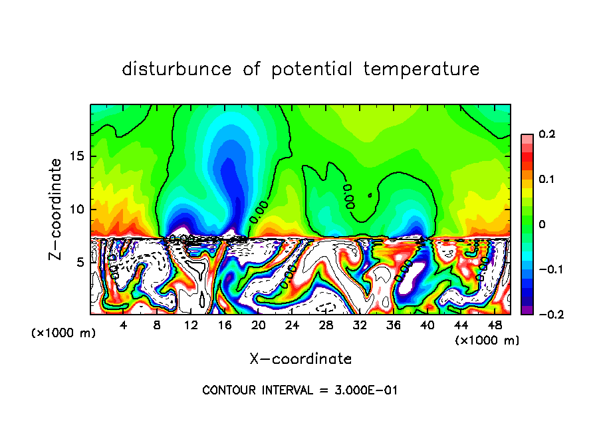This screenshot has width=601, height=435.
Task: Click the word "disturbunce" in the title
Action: coord(177,69)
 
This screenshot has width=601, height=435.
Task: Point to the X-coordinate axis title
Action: coord(300,359)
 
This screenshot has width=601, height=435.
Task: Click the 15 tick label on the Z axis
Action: coord(78,157)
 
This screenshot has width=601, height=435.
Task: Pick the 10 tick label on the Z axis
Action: coord(78,210)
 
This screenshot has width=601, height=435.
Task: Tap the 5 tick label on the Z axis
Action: coord(81,262)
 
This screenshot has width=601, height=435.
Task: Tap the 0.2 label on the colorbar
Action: coord(546,134)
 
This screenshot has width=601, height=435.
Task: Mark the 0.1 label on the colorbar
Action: coord(546,180)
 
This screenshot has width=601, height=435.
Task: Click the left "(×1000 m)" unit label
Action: coord(64,333)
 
